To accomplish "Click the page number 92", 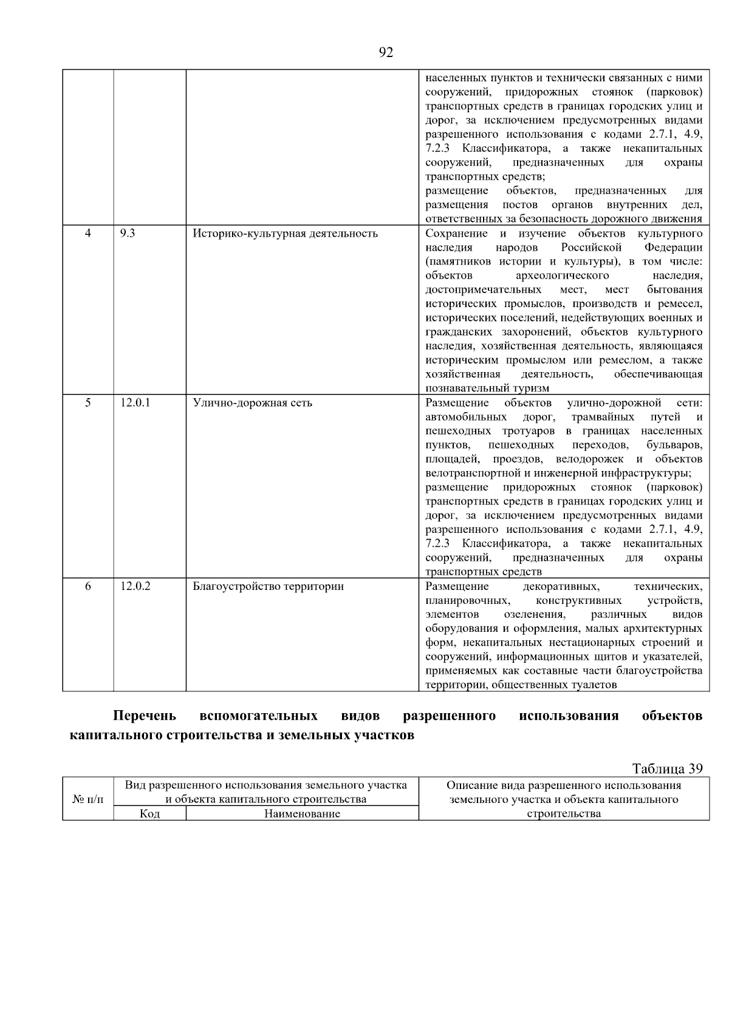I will pos(386,53).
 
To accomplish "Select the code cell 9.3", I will pos(128,233).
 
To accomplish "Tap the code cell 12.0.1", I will pos(135,402).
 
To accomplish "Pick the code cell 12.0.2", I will pos(135,586).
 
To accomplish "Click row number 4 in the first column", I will pos(88,233).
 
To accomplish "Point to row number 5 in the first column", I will pos(88,402).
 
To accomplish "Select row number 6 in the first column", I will pos(88,586).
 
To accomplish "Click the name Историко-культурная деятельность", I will pos(285,234).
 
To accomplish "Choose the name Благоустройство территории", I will pos(268,587).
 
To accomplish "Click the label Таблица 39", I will pos(667,769).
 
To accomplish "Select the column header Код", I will pos(149,814).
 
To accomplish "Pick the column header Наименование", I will pos(302,814).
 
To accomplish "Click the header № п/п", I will pos(88,800).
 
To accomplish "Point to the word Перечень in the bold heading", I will pos(145,716).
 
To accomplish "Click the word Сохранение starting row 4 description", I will pos(456,234).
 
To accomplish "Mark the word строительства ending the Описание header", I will pos(564,814).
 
